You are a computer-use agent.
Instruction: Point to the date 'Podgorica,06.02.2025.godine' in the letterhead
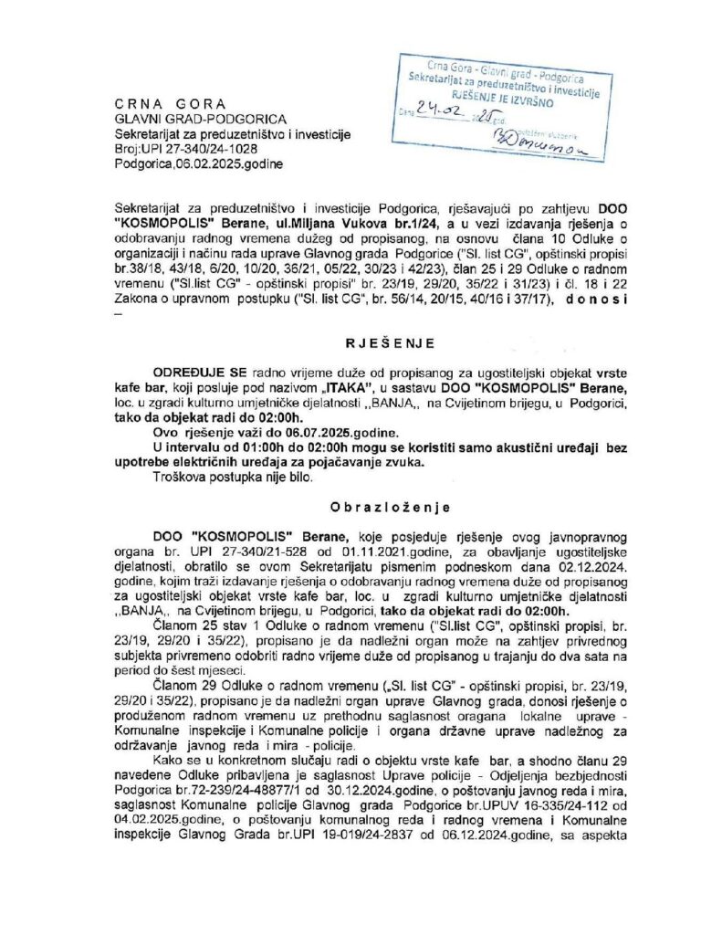click(199, 164)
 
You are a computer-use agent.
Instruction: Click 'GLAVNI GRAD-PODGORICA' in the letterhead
click(200, 119)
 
